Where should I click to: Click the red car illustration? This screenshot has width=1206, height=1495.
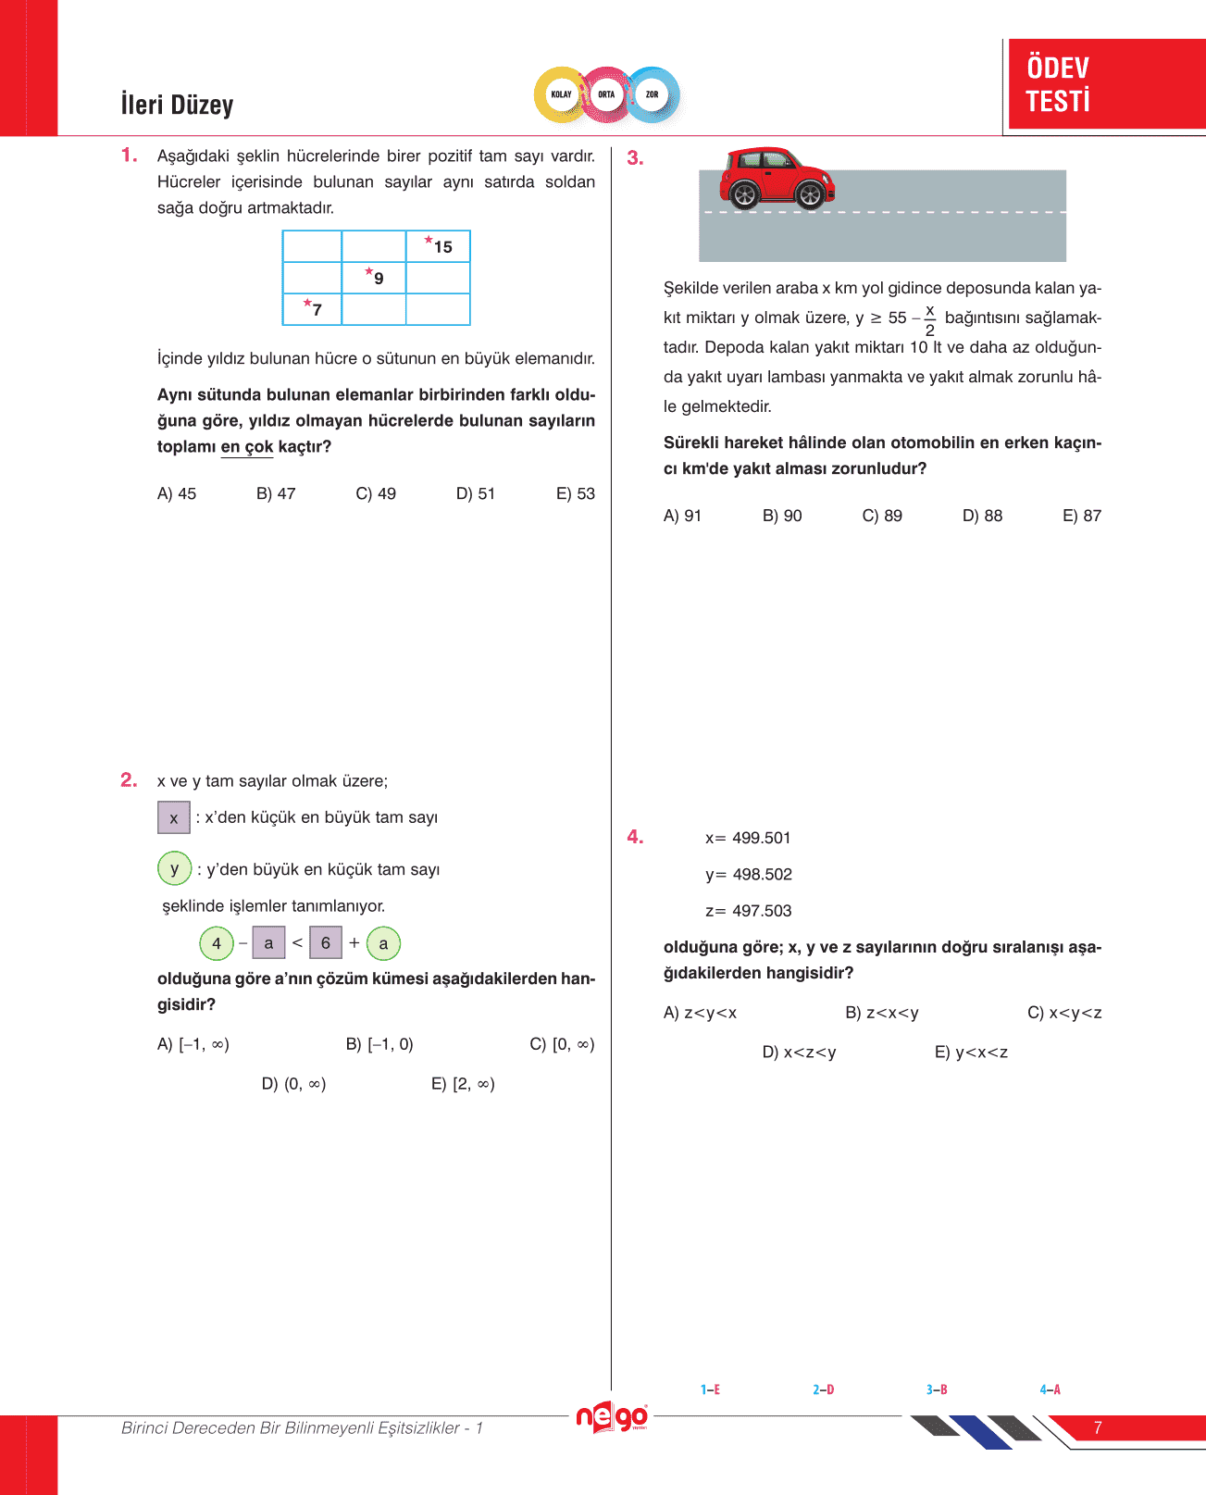pyautogui.click(x=777, y=177)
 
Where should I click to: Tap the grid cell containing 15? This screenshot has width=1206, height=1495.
pyautogui.click(x=438, y=247)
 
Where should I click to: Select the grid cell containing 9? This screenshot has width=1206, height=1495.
pyautogui.click(x=374, y=278)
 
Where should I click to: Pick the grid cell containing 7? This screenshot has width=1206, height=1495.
pyautogui.click(x=312, y=309)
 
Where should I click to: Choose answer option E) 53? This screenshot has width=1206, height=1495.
pyautogui.click(x=575, y=494)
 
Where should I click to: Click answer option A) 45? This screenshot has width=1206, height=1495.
pyautogui.click(x=177, y=494)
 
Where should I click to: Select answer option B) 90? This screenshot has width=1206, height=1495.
pyautogui.click(x=782, y=517)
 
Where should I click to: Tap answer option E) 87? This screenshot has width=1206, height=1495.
pyautogui.click(x=1081, y=517)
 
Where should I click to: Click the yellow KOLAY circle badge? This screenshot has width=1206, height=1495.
pyautogui.click(x=561, y=94)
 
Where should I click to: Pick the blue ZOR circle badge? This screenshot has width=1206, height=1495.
pyautogui.click(x=653, y=94)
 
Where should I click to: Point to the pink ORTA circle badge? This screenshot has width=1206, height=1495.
pyautogui.click(x=606, y=94)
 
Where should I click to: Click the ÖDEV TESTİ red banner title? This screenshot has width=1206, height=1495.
pyautogui.click(x=1058, y=84)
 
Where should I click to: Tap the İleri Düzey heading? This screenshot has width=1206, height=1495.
pyautogui.click(x=177, y=105)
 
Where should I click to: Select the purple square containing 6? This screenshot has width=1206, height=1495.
pyautogui.click(x=326, y=943)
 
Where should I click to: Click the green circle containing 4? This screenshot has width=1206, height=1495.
pyautogui.click(x=217, y=943)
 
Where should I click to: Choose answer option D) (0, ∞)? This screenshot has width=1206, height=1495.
pyautogui.click(x=293, y=1084)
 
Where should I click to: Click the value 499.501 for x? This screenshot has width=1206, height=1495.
pyautogui.click(x=761, y=839)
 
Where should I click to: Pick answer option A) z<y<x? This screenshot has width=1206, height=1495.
pyautogui.click(x=700, y=1014)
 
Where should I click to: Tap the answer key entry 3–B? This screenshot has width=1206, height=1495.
pyautogui.click(x=937, y=1389)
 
